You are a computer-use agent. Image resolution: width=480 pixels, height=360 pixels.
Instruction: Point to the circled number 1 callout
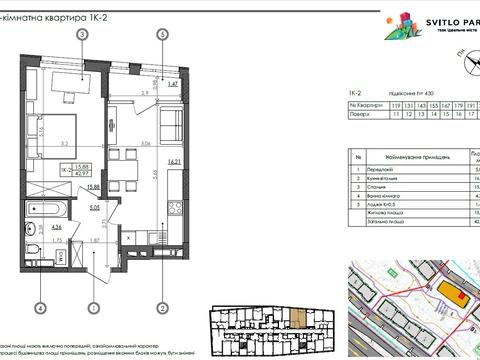click(92, 308)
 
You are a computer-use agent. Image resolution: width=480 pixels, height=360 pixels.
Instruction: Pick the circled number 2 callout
click(161, 308)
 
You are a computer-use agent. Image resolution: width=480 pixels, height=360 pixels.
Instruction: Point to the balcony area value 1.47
click(171, 85)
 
